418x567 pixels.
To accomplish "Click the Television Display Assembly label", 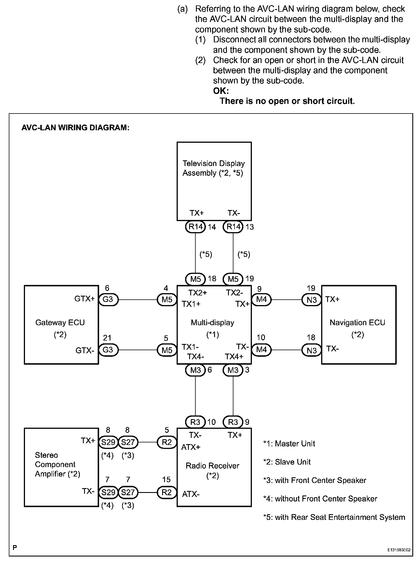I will tap(213, 168).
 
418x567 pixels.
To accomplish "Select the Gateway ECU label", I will tap(60, 323).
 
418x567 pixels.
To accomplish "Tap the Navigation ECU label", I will tap(357, 323).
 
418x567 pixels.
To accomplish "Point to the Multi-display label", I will tap(212, 323).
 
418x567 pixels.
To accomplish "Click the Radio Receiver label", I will tap(212, 466).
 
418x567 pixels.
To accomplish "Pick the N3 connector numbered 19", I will tap(312, 300).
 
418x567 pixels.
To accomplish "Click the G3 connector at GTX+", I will tap(108, 299).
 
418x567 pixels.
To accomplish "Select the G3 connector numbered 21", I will tap(108, 350).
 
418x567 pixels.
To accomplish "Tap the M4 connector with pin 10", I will tap(261, 350).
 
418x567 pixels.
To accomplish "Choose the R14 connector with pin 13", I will tap(233, 227).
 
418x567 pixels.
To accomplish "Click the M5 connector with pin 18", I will tap(195, 279).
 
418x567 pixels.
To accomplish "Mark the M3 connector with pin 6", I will tap(195, 370).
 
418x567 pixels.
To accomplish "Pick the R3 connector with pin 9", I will tap(233, 422).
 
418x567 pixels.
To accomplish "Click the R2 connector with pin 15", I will tap(167, 492).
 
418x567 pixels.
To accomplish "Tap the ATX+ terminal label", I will tap(191, 448).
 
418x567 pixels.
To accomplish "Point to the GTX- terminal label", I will tap(85, 351).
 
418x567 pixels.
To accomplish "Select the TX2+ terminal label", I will tap(198, 293).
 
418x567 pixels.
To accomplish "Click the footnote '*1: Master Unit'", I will tap(289, 444).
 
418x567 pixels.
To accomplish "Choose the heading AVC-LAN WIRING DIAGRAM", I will tap(75, 128).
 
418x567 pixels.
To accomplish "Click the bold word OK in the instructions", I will tap(221, 91).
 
